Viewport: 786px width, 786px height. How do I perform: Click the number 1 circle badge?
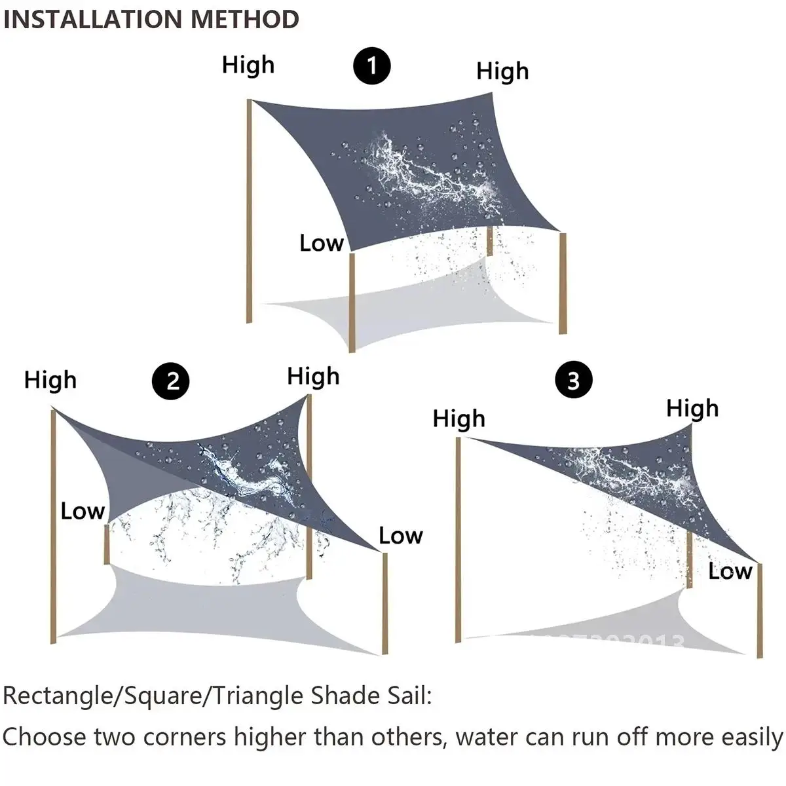tap(372, 66)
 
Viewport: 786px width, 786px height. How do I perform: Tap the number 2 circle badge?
tap(171, 381)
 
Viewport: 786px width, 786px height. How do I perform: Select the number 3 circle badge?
tap(573, 380)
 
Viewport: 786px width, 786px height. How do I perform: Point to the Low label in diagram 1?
tap(321, 243)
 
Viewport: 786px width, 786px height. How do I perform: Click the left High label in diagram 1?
tap(248, 65)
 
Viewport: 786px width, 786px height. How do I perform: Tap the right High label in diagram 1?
tap(502, 71)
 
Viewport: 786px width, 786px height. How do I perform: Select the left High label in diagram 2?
tap(50, 380)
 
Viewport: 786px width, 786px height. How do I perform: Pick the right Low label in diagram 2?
tap(401, 536)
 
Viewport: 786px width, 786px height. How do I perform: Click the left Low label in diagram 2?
tap(83, 511)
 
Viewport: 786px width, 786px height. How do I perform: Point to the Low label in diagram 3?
tap(730, 571)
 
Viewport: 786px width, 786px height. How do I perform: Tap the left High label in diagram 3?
tap(459, 419)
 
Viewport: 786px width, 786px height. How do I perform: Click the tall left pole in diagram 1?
tap(249, 210)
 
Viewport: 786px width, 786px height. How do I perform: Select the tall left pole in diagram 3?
tap(458, 537)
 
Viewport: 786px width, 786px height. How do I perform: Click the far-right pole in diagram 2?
tap(385, 603)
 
